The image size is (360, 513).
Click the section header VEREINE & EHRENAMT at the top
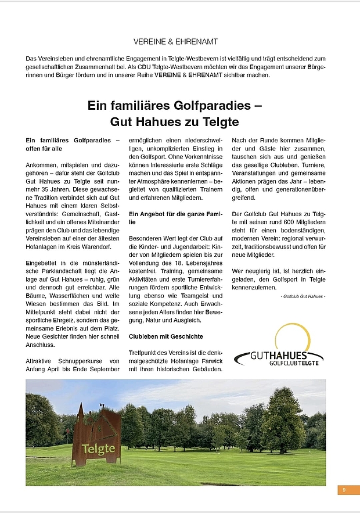pyautogui.click(x=175, y=42)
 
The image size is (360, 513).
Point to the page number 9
pyautogui.click(x=344, y=490)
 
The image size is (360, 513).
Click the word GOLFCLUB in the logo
pyautogui.click(x=283, y=363)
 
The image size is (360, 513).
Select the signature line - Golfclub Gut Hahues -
pyautogui.click(x=303, y=297)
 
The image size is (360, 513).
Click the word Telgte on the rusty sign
pyautogui.click(x=98, y=449)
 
